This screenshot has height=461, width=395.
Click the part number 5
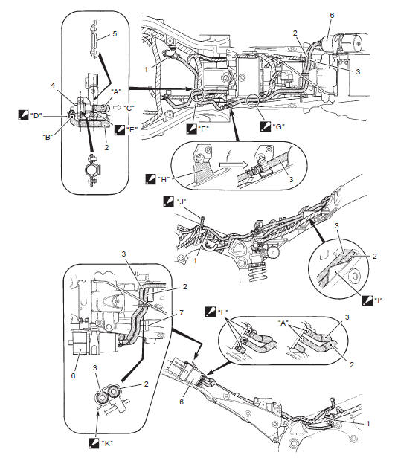click(x=115, y=34)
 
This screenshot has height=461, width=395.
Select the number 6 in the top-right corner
click(x=333, y=16)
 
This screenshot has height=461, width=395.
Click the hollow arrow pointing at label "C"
click(x=115, y=107)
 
